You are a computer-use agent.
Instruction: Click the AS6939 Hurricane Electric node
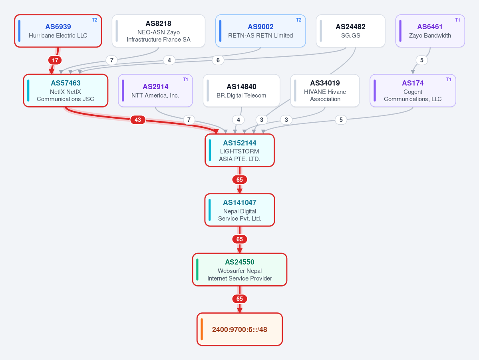point(58,31)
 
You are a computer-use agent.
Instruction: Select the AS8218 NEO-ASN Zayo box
point(159,31)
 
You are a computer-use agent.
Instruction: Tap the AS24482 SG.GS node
point(350,31)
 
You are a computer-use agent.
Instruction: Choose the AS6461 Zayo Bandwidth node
point(430,31)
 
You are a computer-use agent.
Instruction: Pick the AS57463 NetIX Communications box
point(66,90)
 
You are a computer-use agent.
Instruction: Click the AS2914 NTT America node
point(155,90)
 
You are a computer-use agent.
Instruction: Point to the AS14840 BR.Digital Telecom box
point(241,90)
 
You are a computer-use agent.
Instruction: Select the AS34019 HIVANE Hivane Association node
point(325,90)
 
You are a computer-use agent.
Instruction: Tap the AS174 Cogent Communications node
point(413,90)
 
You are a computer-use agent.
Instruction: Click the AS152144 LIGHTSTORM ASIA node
point(240,150)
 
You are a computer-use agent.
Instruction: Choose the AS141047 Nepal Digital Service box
point(240,210)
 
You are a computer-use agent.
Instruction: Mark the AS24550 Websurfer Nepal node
point(240,270)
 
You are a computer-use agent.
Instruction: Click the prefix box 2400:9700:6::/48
point(240,329)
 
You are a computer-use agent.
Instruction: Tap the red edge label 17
point(55,60)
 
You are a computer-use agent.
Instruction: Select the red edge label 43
point(138,120)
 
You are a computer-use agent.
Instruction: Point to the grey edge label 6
point(218,60)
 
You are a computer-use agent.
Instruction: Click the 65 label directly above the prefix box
point(240,298)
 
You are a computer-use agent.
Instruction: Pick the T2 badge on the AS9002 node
point(298,20)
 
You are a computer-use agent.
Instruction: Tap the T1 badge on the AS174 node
point(449,80)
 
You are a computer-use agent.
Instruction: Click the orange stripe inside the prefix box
point(202,329)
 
